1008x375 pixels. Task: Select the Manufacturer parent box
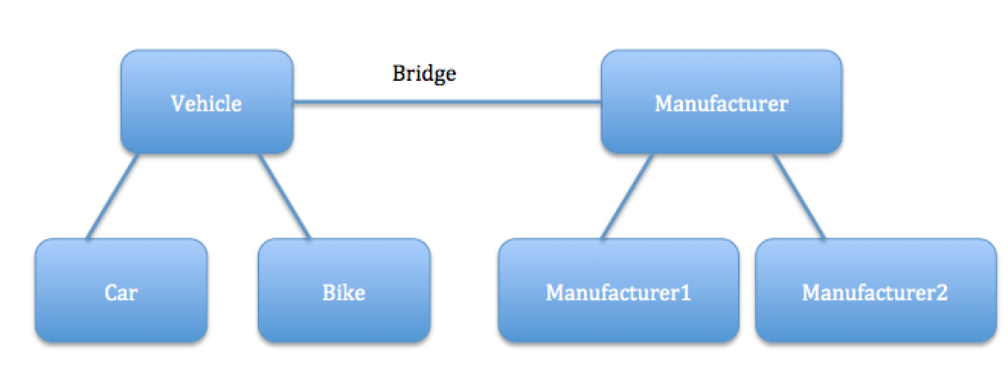coord(721,128)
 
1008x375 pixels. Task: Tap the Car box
coord(121,315)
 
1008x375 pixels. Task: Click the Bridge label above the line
coord(424,74)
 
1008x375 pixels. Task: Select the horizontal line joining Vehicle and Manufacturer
coord(447,101)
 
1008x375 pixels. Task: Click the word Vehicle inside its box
coord(207,103)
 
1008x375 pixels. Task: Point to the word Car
coord(121,292)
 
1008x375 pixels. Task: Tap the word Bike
coord(344,292)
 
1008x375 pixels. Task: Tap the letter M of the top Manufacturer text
coord(662,103)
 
